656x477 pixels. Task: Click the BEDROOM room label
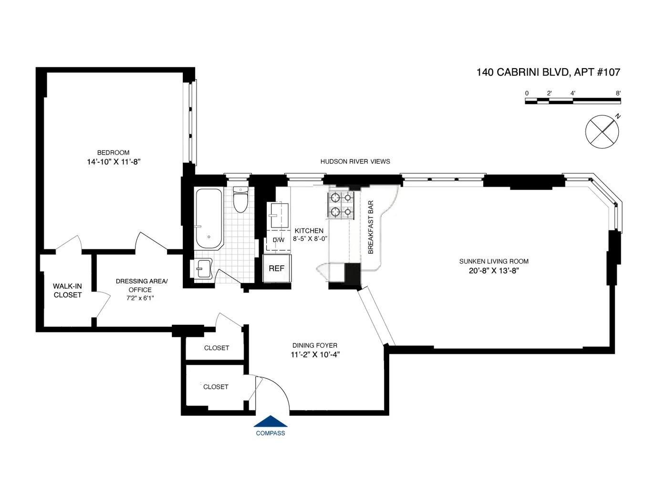(113, 153)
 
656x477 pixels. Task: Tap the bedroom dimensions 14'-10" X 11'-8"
(113, 162)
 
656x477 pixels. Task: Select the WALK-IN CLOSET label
(67, 290)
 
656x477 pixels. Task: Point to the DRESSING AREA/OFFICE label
(141, 285)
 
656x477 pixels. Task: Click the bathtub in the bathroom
(208, 219)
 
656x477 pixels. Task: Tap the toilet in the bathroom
(240, 201)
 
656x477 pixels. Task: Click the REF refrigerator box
(277, 269)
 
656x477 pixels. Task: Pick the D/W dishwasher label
(278, 240)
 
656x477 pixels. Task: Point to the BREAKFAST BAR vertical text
(371, 227)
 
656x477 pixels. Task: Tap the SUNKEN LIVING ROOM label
(494, 261)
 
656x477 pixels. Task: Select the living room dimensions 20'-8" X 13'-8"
(494, 271)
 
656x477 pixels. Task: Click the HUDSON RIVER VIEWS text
(355, 162)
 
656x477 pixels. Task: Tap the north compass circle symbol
(602, 131)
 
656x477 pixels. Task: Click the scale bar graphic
(573, 101)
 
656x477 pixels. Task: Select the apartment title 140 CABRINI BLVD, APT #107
(548, 72)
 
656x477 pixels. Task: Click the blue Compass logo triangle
(271, 422)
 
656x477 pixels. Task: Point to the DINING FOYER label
(315, 345)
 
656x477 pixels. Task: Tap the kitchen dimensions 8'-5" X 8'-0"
(310, 238)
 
